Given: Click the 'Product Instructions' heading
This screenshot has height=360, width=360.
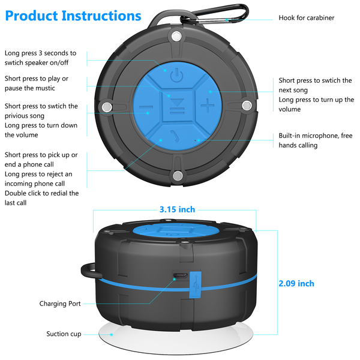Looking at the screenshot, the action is click(73, 16).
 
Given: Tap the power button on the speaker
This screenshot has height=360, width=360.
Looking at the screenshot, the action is click(174, 76).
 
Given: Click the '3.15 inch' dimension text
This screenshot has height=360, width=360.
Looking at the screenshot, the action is click(177, 209).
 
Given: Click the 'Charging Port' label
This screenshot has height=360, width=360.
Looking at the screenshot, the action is click(60, 304).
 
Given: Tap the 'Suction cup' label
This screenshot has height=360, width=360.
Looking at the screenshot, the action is click(64, 334).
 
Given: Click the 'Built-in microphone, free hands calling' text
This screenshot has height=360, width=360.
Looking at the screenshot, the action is click(315, 140).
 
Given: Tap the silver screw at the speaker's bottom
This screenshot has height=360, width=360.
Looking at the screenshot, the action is click(177, 175).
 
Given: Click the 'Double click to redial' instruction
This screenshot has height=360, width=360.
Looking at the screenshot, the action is click(41, 198).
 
